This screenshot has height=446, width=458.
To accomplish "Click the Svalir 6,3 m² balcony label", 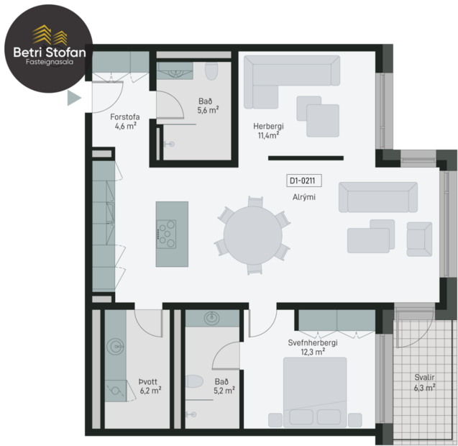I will (x=425, y=382).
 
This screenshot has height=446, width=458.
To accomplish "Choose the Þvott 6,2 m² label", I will (x=150, y=386).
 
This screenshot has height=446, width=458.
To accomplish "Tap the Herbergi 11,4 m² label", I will (x=268, y=129).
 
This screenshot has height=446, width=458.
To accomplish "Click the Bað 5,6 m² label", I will (x=208, y=106).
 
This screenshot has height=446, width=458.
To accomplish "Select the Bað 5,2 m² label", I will (x=221, y=386).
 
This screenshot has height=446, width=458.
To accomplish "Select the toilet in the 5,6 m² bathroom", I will (x=211, y=73).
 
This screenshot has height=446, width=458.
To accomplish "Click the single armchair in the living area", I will (x=419, y=238).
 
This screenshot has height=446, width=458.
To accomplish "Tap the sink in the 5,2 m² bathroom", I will (x=212, y=319).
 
